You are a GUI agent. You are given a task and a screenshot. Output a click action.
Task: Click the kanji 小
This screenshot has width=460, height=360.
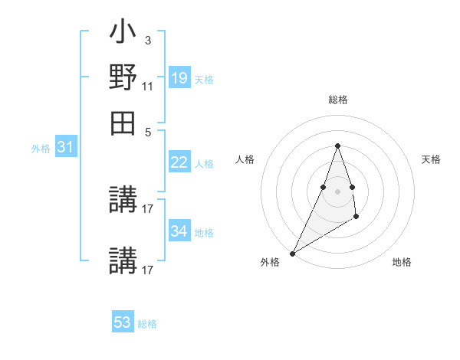[x=123, y=35]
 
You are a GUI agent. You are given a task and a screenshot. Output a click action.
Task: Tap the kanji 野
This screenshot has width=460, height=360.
[x=123, y=77]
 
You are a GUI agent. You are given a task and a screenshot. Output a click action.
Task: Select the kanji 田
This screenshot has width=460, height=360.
[x=123, y=122]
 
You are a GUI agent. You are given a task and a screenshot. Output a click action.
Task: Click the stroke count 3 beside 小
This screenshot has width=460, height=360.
[x=147, y=40]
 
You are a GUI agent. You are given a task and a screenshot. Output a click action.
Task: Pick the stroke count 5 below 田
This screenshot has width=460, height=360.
[x=148, y=131]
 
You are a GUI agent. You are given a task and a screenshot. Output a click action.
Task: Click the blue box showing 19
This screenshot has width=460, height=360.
[x=179, y=77]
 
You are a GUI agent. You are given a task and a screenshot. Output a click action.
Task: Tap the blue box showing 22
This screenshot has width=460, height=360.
[x=179, y=162]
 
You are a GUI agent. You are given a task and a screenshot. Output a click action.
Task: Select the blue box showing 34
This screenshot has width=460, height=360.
[x=179, y=231]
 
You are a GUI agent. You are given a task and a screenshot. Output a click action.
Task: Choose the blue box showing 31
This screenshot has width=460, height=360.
[x=65, y=147]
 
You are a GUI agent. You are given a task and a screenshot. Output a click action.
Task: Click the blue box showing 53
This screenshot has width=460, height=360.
[x=123, y=322]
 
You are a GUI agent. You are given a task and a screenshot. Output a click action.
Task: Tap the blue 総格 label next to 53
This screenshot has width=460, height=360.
[x=147, y=324]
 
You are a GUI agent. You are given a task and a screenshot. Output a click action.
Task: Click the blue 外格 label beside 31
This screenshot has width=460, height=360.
[x=41, y=149]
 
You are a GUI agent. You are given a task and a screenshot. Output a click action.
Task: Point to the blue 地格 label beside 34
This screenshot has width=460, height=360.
[x=204, y=233]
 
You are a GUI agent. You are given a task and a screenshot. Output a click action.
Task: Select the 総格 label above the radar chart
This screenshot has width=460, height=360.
[x=337, y=100]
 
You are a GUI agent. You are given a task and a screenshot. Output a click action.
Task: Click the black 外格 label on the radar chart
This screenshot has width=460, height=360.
[x=269, y=263]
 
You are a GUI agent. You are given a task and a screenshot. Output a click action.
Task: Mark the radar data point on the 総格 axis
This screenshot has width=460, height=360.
[x=337, y=146]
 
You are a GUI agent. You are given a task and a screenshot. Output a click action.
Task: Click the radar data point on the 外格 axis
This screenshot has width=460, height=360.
[x=293, y=253]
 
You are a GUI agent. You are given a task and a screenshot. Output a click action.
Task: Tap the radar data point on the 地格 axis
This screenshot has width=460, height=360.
[x=356, y=218]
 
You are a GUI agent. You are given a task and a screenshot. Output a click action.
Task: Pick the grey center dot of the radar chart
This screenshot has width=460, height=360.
[x=337, y=191]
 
